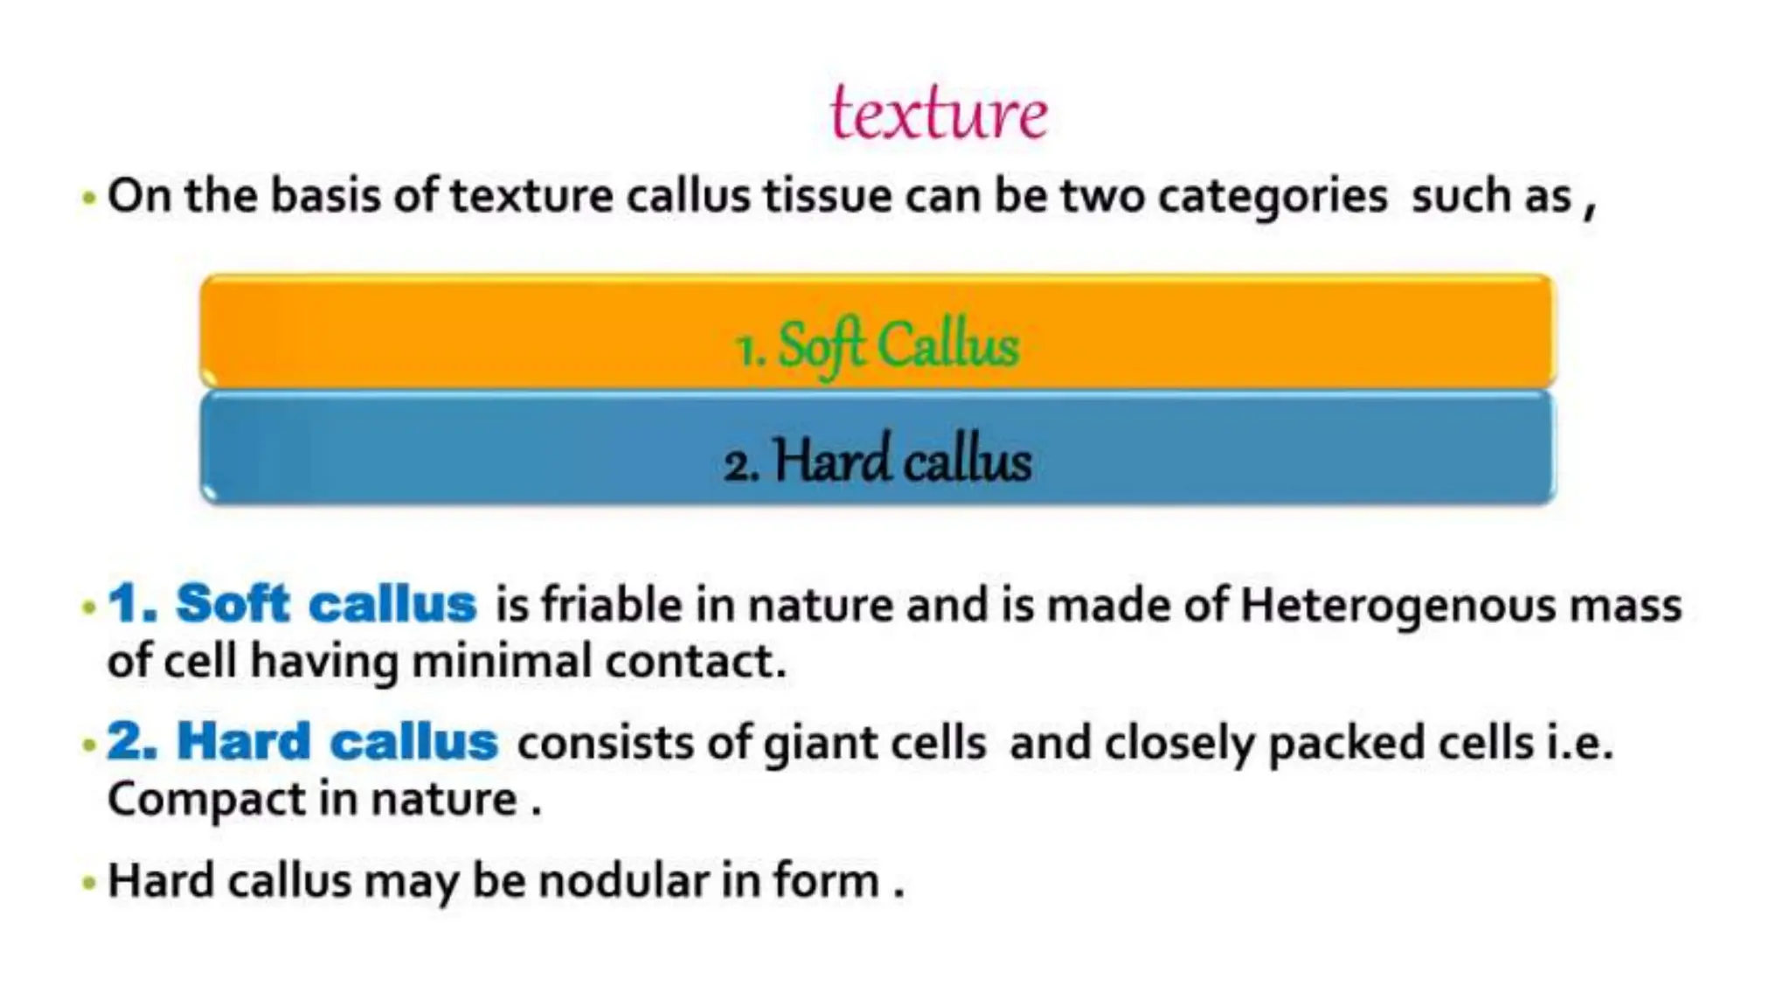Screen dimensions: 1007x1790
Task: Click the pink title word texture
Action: pos(939,114)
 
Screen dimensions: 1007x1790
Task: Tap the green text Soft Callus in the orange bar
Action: pos(898,345)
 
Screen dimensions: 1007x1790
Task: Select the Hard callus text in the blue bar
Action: pos(902,461)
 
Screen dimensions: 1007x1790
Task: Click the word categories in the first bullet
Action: pos(1272,196)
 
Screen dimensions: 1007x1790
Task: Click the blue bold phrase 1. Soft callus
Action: pos(292,603)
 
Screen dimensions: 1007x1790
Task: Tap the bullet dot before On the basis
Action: pos(88,198)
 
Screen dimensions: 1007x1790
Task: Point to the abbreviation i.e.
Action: pos(1579,743)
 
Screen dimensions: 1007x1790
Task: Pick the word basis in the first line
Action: pos(325,195)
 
